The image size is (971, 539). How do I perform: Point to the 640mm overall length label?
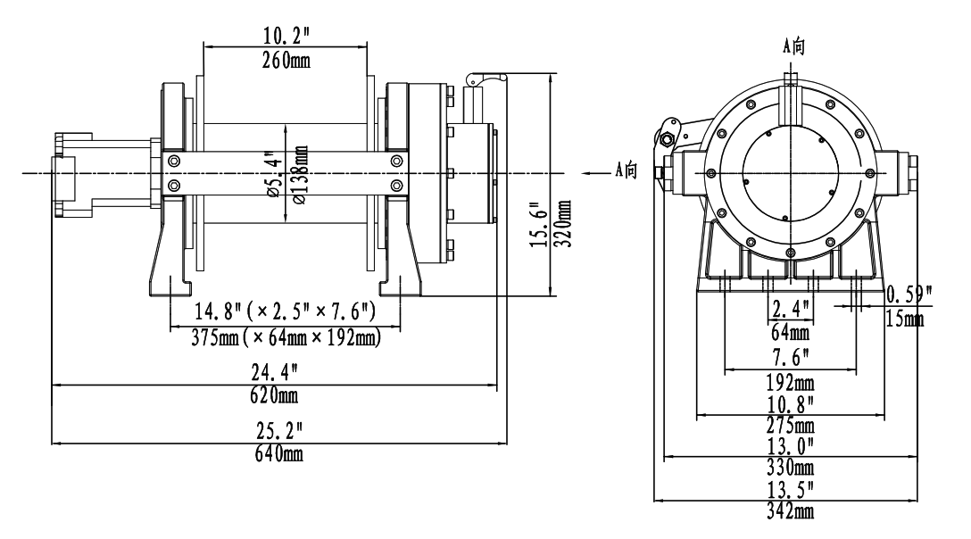[278, 454]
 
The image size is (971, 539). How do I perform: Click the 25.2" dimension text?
[278, 430]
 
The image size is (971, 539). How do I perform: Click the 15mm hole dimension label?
[905, 319]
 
